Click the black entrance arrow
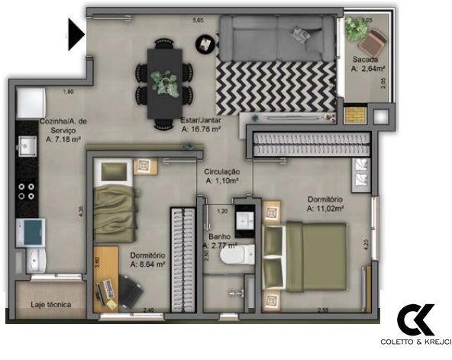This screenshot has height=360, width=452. click(x=75, y=34)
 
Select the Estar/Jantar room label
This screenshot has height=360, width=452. click(x=202, y=125)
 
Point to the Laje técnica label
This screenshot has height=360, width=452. click(x=51, y=305)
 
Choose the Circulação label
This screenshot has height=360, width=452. click(x=222, y=177)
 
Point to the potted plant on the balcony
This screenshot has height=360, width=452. click(x=355, y=28)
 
